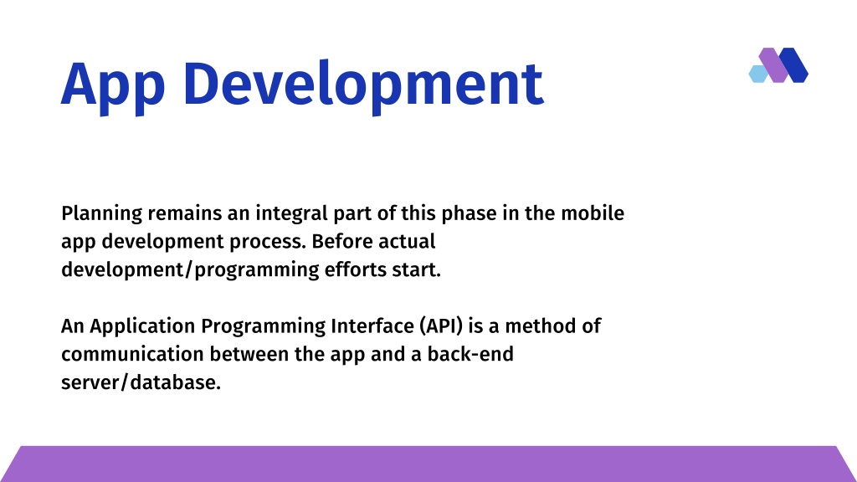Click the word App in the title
pyautogui.click(x=113, y=86)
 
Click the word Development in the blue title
pyautogui.click(x=363, y=86)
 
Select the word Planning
pyautogui.click(x=101, y=213)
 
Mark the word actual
pyautogui.click(x=407, y=241)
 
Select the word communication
pyautogui.click(x=132, y=354)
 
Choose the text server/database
pyautogui.click(x=141, y=382)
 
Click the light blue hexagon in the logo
pyautogui.click(x=757, y=74)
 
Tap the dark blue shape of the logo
pyautogui.click(x=793, y=65)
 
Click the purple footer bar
pyautogui.click(x=428, y=464)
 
